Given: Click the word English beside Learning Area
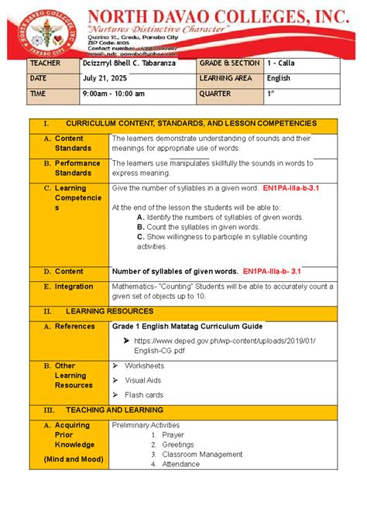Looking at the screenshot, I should click(278, 78).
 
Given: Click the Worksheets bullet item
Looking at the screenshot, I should click(144, 365).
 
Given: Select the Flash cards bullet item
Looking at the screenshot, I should click(143, 395).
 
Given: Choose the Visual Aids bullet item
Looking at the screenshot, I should click(142, 380).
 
